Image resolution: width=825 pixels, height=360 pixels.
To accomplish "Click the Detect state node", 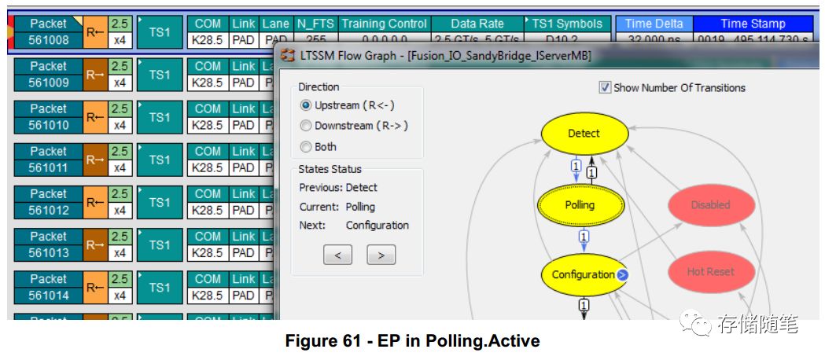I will (584, 134).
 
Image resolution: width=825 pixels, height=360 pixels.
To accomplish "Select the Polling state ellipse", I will (580, 205).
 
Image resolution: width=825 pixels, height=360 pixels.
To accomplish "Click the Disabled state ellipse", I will (711, 205).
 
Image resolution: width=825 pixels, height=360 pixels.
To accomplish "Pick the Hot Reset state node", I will (711, 272).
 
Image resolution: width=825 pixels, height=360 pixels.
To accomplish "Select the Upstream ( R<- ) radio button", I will (306, 105).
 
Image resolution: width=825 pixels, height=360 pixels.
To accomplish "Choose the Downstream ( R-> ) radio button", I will (306, 126).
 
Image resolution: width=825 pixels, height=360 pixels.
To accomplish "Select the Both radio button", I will (306, 147).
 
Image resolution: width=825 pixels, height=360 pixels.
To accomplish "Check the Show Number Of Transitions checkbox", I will (605, 88).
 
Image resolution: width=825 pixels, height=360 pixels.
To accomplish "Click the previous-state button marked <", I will (337, 255).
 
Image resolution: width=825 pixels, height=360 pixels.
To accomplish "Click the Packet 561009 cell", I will (49, 75).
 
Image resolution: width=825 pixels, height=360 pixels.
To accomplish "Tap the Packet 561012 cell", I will (49, 202).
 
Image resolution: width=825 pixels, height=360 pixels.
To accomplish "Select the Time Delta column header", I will (654, 24).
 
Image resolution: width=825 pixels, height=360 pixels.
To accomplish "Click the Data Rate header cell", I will (477, 24).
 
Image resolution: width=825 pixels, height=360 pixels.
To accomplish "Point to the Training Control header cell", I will (384, 24).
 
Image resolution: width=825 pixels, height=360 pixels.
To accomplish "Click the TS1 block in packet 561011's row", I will (160, 160).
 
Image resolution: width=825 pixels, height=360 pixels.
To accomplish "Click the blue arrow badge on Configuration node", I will (622, 275).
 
